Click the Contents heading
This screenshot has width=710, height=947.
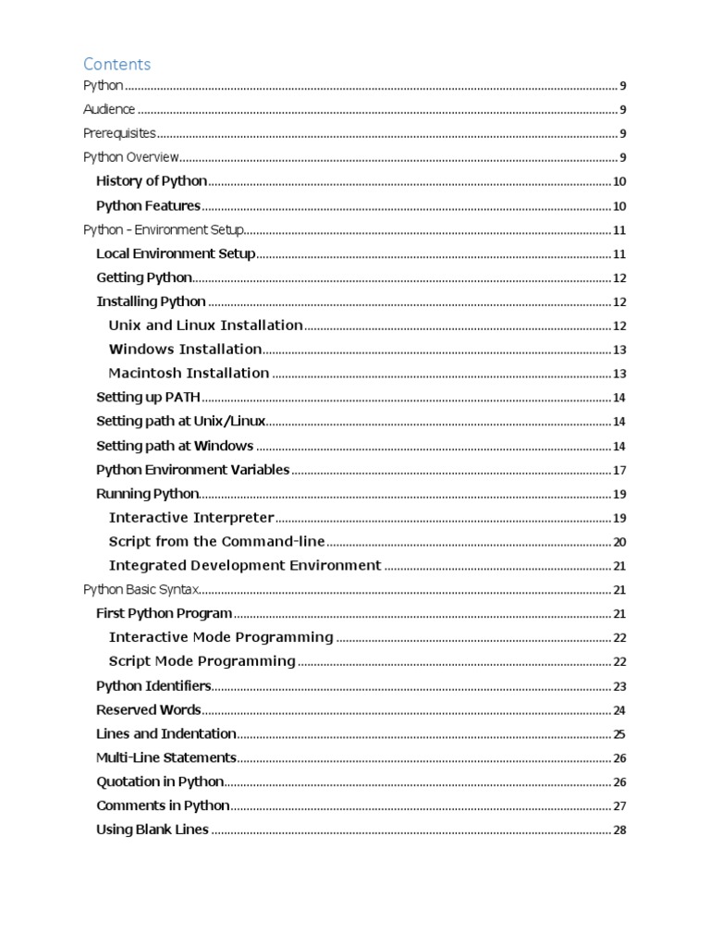tap(116, 64)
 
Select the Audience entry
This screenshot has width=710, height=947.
tap(109, 110)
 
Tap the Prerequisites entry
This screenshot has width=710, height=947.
tap(119, 133)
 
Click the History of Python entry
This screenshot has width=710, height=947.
tap(152, 181)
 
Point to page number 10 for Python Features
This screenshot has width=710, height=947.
tap(619, 206)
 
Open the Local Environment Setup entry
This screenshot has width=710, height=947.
tap(176, 253)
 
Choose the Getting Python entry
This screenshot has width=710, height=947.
tap(144, 277)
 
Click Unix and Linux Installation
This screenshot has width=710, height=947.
tap(205, 326)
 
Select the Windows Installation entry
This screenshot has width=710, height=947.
tap(185, 350)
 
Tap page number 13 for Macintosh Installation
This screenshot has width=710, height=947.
tap(619, 374)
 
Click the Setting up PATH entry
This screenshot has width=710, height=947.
tap(148, 398)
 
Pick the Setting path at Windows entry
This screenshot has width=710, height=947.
tap(175, 446)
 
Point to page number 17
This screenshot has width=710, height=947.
tap(619, 470)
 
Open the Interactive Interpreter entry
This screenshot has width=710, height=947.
tap(191, 518)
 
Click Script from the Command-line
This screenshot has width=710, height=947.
tap(216, 542)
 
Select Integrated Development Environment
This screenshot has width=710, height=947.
tap(244, 566)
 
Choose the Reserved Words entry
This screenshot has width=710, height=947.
tap(148, 710)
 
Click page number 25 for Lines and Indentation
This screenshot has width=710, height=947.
tap(619, 734)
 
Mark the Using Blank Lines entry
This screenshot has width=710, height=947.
tap(153, 830)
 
